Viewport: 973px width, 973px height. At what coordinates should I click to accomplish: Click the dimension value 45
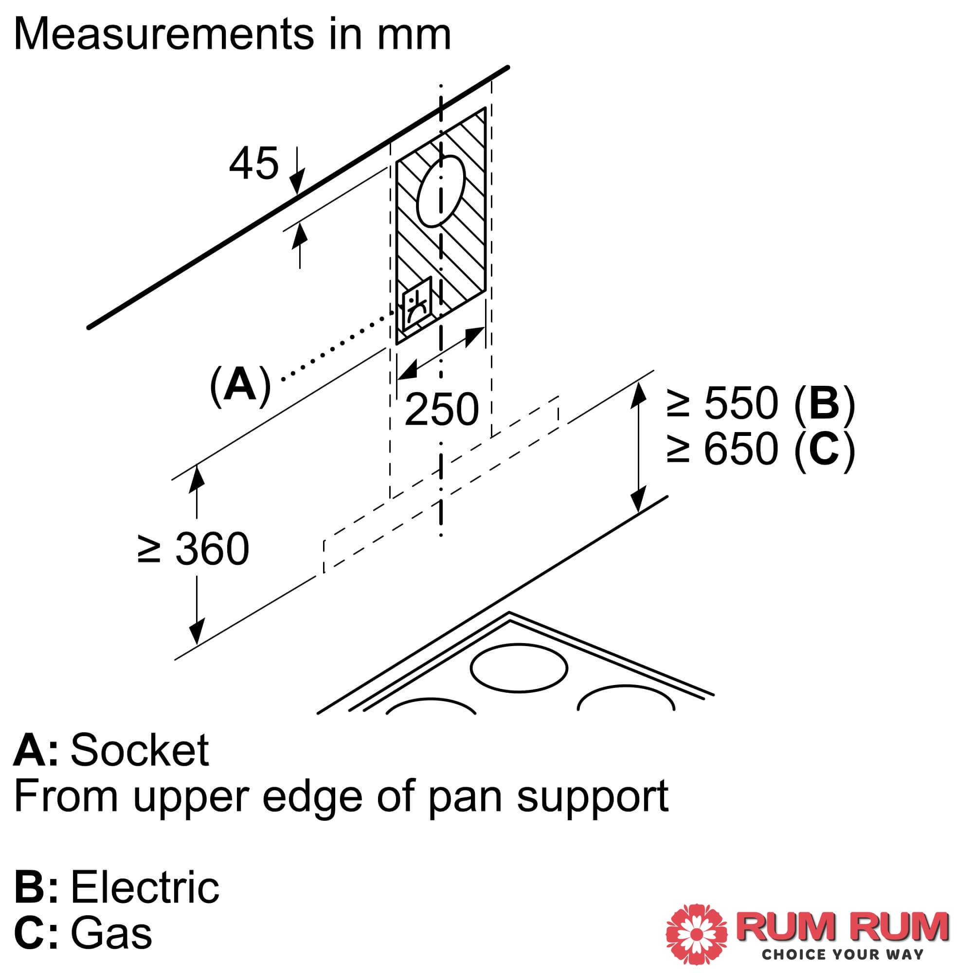coord(253,163)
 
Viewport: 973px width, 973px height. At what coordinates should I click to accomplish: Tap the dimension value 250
coord(441,409)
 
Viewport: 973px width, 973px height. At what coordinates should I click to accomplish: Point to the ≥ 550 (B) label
coord(760,403)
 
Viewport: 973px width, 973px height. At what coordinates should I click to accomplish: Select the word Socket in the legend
coord(140,750)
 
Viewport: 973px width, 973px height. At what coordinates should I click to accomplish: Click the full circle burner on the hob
coord(519,668)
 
